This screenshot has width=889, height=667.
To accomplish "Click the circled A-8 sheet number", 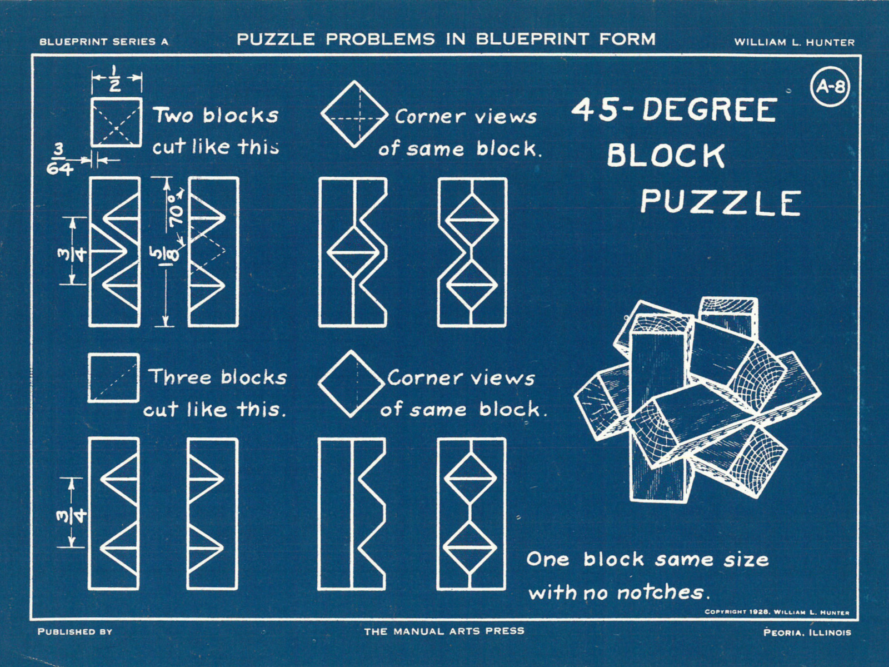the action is (x=830, y=86).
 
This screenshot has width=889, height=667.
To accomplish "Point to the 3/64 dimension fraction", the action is (x=59, y=160).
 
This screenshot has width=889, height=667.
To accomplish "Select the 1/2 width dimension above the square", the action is (x=115, y=78).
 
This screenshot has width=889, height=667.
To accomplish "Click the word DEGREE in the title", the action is (x=709, y=110).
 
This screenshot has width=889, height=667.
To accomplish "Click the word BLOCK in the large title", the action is (x=666, y=156).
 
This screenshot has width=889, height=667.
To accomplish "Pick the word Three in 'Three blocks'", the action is (x=181, y=377).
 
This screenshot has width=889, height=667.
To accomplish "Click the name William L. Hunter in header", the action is (x=794, y=42).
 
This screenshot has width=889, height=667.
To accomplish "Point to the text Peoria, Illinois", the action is (x=807, y=632).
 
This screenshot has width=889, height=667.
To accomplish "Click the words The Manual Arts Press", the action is (x=444, y=631).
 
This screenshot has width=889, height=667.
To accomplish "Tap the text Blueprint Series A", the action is (x=104, y=42).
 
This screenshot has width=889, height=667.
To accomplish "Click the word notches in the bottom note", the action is (x=660, y=593).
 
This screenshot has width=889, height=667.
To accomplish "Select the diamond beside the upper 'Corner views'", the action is (x=354, y=114).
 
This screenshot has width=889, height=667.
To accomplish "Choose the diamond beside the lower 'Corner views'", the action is (x=351, y=384).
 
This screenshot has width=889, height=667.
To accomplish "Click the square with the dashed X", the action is (x=116, y=122).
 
